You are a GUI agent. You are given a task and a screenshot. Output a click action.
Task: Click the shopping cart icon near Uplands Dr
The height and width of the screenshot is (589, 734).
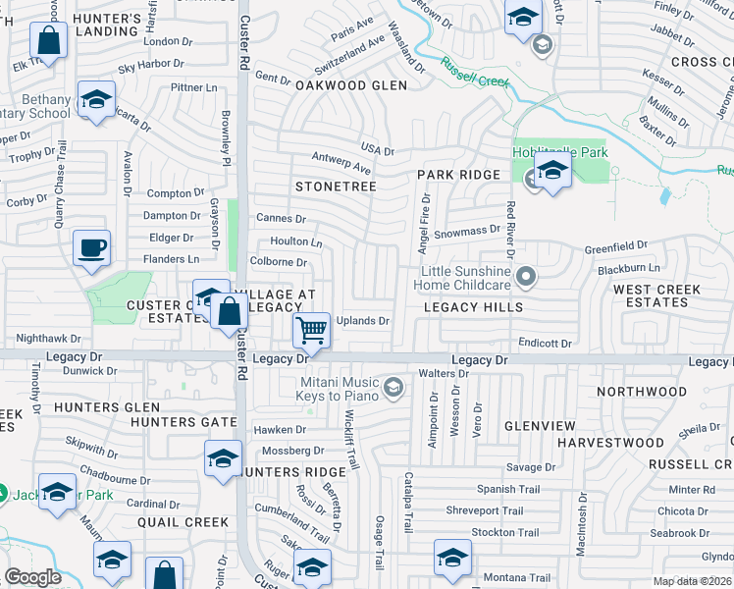312,329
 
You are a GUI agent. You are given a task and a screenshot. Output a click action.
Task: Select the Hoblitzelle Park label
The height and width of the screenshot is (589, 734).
560,152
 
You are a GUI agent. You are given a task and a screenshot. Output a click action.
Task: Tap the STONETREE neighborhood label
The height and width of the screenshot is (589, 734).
336,185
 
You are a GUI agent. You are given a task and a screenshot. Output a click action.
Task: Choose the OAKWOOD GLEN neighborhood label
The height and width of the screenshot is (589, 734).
350,85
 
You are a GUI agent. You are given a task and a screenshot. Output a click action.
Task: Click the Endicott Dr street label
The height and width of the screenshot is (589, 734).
546,344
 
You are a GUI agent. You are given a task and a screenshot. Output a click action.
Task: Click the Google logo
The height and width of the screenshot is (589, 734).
33,576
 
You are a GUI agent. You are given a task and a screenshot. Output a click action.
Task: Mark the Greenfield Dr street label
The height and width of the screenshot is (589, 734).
616,246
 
